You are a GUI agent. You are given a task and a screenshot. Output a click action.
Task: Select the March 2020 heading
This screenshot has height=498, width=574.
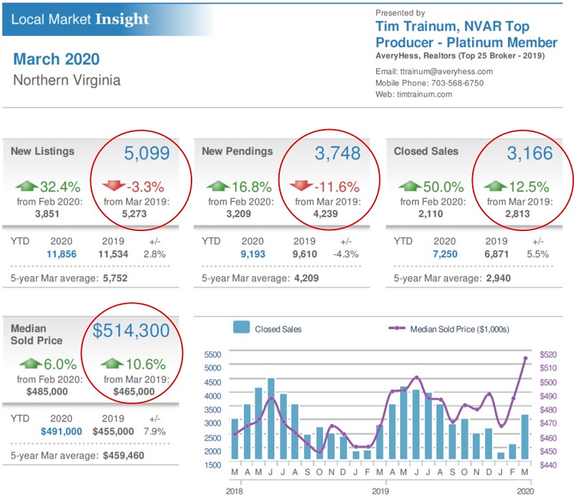coord(56,59)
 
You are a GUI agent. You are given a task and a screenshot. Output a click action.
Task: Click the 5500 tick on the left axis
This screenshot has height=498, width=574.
coord(212,354)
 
